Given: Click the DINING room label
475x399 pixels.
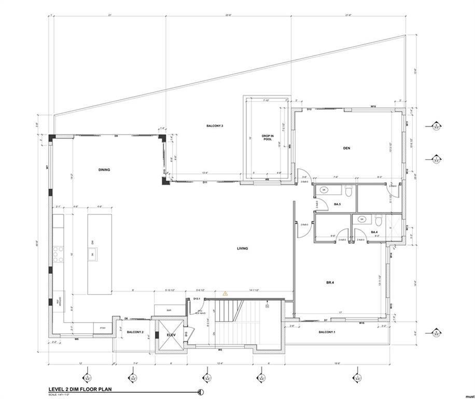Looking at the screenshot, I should pos(104,170).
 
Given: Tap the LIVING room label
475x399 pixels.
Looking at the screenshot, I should pos(242,248).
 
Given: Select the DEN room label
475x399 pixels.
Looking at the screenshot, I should pos(347,149).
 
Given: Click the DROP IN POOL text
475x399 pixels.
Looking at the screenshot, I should pos(267,138).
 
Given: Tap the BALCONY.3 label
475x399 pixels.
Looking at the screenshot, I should pos(214,126).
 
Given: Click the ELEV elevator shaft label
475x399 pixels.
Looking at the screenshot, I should pos(172,335).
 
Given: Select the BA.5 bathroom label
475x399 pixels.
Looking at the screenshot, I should pos(337,205).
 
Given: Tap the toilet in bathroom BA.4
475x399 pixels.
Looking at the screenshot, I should pos(380,219).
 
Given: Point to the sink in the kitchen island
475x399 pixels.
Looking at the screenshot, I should pos(93,254).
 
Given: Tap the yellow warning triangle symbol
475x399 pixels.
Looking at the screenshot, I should pos(225,294).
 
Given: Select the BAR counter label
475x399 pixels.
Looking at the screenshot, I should pos(169,310).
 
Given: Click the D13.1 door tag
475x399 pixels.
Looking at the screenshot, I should pos(197,299).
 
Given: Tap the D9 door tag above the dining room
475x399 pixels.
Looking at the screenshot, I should pos(116,136).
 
